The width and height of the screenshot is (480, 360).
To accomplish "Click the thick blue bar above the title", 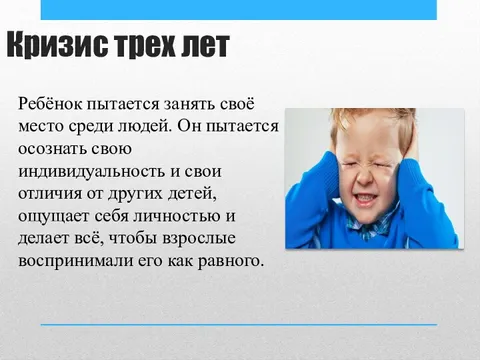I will click(240, 9).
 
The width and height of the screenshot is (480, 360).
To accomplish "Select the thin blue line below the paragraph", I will click(240, 325).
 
